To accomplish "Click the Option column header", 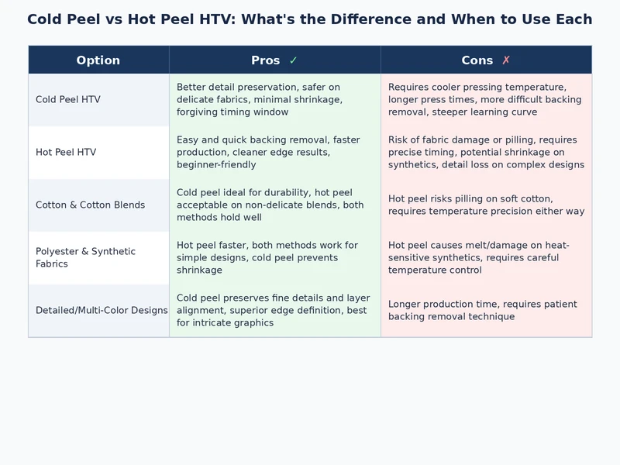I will pyautogui.click(x=98, y=60).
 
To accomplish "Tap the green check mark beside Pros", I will pyautogui.click(x=293, y=60).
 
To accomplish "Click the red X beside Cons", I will pyautogui.click(x=506, y=60).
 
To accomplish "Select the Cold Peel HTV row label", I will pyautogui.click(x=68, y=100).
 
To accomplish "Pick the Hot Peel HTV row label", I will pyautogui.click(x=66, y=153).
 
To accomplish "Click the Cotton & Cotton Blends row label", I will pyautogui.click(x=90, y=205).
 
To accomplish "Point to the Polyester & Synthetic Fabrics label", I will pyautogui.click(x=85, y=258).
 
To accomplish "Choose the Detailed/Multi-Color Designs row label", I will pyautogui.click(x=102, y=311).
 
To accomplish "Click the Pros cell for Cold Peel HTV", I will pyautogui.click(x=274, y=100).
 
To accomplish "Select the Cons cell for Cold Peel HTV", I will pyautogui.click(x=486, y=100).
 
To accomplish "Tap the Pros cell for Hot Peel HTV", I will pyautogui.click(x=274, y=153).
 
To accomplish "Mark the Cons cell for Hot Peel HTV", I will pyautogui.click(x=486, y=153).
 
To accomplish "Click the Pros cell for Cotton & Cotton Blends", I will pyautogui.click(x=274, y=205).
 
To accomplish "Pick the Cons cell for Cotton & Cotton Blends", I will pyautogui.click(x=486, y=205).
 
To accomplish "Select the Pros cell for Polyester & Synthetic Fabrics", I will pyautogui.click(x=274, y=258).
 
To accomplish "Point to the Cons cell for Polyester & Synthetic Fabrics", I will pyautogui.click(x=486, y=258).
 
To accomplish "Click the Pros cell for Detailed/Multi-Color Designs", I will pyautogui.click(x=274, y=311).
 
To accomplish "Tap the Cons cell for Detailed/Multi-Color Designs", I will pyautogui.click(x=486, y=311).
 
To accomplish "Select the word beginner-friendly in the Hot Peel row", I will pyautogui.click(x=216, y=165).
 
